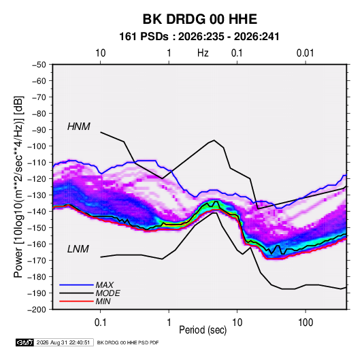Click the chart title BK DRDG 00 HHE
coord(199,19)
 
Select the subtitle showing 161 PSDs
coord(199,37)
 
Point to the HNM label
coord(79,127)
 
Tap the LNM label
coord(78,249)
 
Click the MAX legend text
coord(105,284)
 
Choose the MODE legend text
coord(107,293)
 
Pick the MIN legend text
coord(103,301)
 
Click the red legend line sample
coord(76,301)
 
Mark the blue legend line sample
coord(76,284)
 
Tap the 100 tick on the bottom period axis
coord(305,323)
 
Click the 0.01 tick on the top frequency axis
coord(305,53)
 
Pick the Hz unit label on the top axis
coord(203,53)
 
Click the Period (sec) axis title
coord(203,330)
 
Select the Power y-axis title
coord(18,187)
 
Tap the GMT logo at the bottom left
coord(25,342)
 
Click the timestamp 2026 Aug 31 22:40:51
coord(63,342)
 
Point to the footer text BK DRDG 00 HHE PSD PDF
coord(128,342)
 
